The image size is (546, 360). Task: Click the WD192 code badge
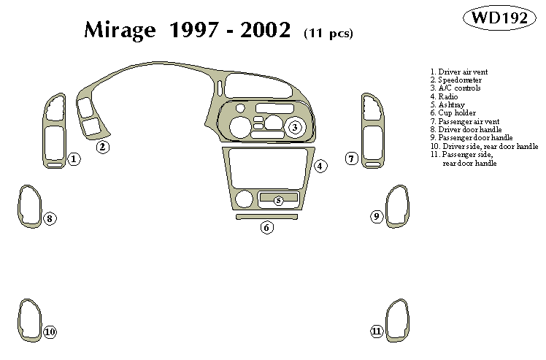pos(500,18)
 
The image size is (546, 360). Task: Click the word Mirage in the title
pos(122,31)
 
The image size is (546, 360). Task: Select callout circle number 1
pos(74,158)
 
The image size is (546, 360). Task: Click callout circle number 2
pos(103,147)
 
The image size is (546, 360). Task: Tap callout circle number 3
pos(294,128)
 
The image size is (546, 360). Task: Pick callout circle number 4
pos(320,166)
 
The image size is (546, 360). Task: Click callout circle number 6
pos(266,228)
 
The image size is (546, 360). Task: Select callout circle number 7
pos(351,158)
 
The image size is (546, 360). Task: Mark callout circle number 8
pos(50,218)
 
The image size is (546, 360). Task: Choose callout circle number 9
pos(377,216)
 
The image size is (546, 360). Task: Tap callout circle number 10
pos(50,332)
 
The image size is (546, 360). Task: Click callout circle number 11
pos(377,332)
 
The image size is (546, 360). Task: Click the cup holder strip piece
pos(266,216)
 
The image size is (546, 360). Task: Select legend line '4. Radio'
pos(444,96)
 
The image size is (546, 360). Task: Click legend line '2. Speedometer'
pos(455,80)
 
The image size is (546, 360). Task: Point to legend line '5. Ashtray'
pos(447,104)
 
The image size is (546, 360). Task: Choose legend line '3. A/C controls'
pos(455,88)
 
